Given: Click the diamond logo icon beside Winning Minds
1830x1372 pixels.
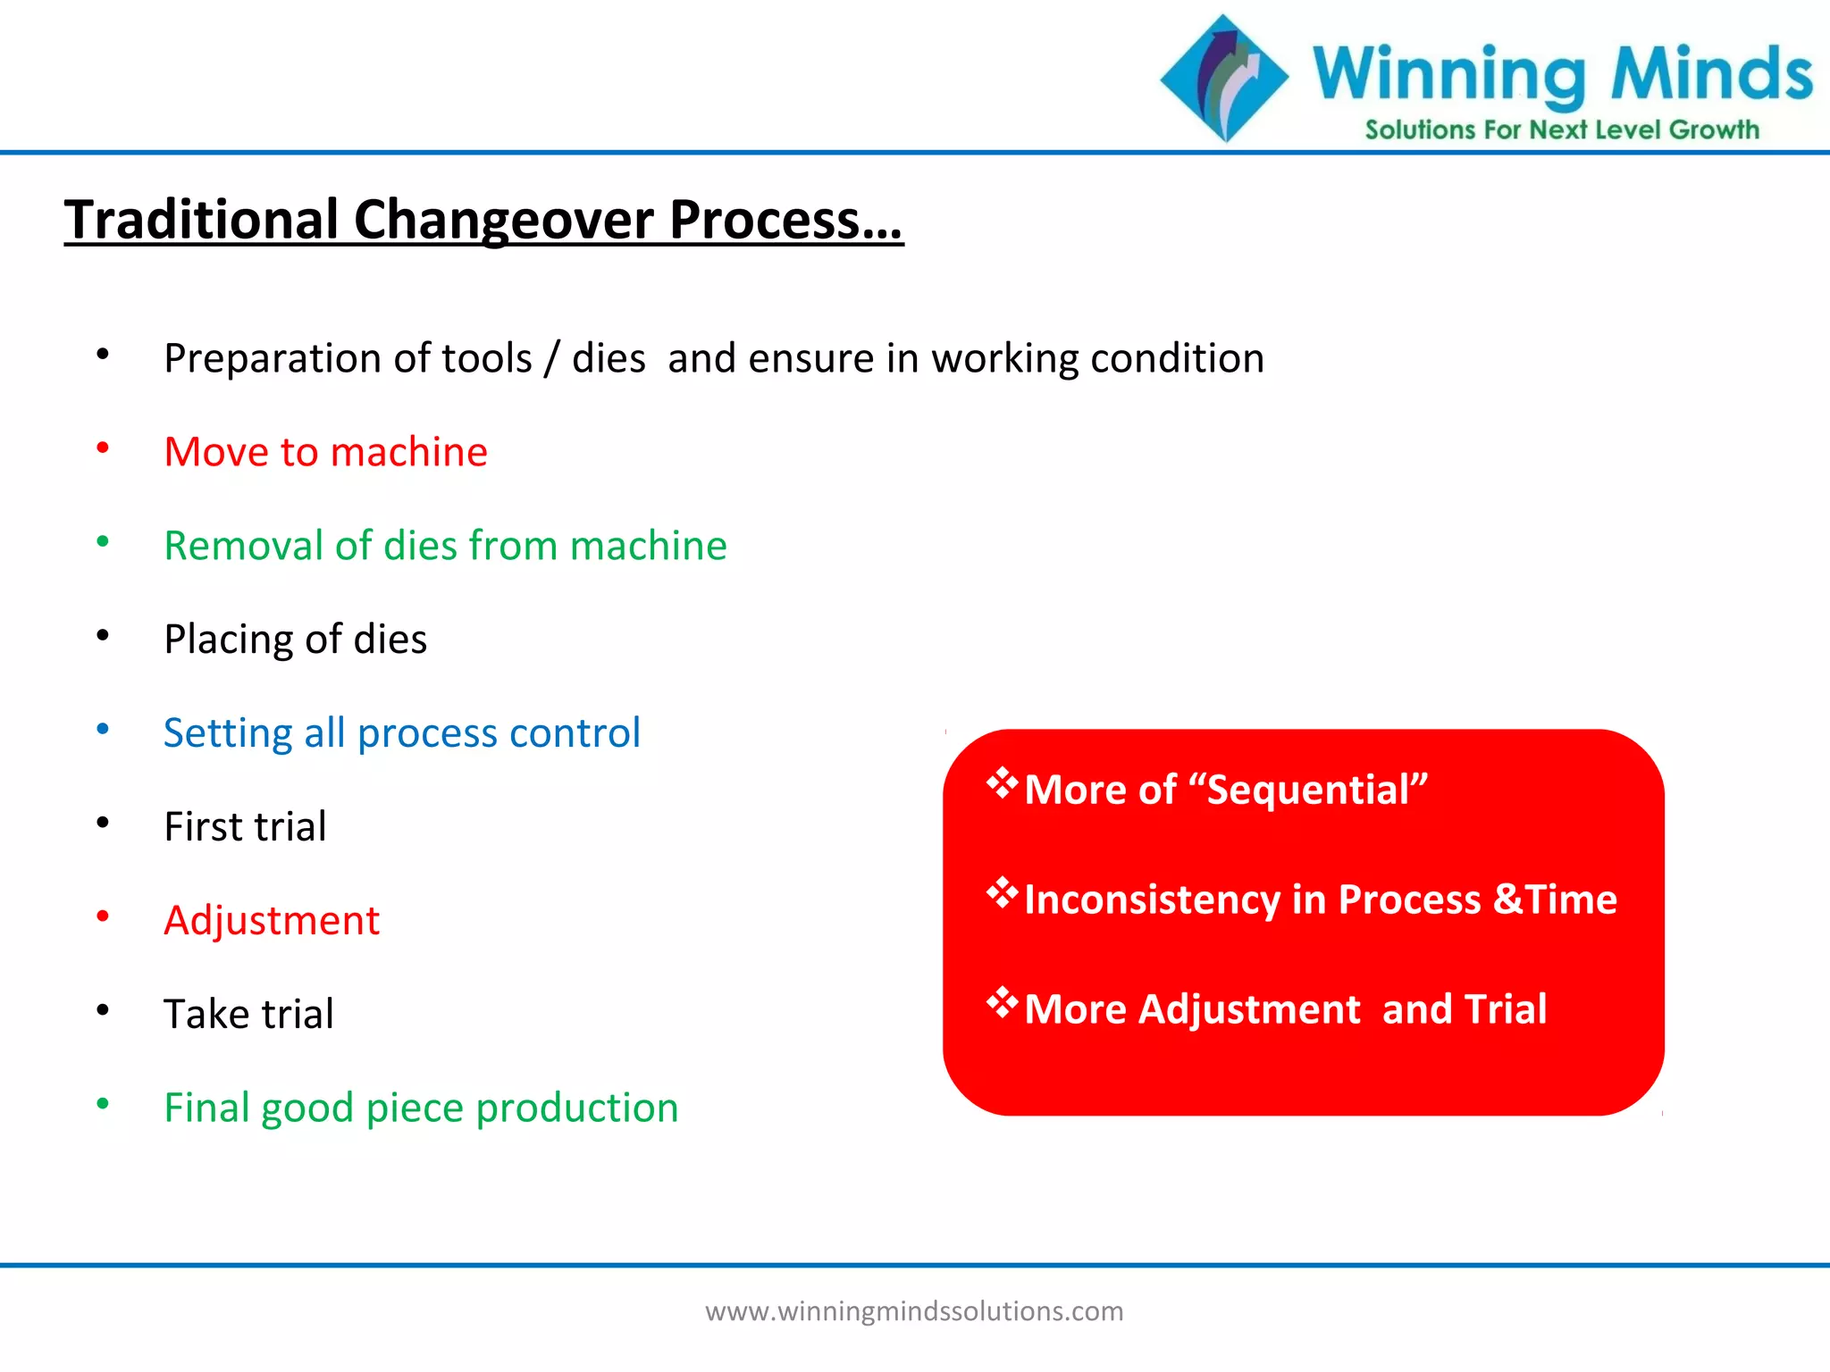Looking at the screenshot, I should point(1224,79).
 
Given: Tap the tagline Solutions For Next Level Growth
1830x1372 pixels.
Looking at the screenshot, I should point(1561,130).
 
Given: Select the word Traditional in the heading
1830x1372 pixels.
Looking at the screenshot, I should point(201,220).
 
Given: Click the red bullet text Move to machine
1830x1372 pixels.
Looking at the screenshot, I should point(325,452).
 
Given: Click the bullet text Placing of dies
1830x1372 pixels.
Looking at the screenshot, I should point(295,640).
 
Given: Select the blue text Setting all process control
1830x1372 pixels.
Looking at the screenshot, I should point(401,733).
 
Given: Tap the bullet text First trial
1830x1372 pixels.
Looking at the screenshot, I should point(245,827).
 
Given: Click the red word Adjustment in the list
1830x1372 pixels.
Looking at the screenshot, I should point(272,921).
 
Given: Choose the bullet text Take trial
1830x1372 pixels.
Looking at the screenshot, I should point(248,1015).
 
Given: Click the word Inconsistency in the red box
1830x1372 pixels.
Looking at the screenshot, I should point(1152,899).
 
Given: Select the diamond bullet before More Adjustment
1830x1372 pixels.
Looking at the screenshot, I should point(1002,1002).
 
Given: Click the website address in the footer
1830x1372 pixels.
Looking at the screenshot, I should point(914,1311).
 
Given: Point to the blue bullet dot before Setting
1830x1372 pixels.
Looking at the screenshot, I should point(103,730).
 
